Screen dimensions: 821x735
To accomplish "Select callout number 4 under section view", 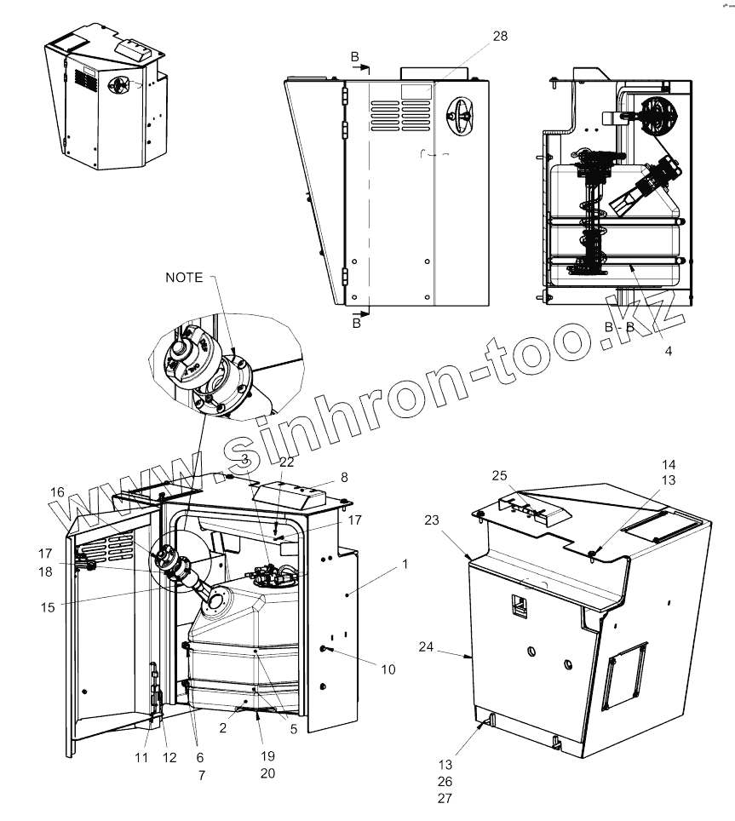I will tap(668, 349).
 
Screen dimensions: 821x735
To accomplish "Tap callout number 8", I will tap(344, 478).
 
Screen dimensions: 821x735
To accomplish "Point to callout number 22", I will tap(286, 462).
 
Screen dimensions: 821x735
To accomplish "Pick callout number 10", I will tap(388, 669).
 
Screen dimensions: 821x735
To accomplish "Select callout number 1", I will tap(405, 564).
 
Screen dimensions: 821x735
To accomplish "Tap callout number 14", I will tap(669, 464).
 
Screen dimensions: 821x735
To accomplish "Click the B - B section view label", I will tap(620, 326).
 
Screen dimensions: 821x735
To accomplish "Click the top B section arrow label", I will tap(356, 56).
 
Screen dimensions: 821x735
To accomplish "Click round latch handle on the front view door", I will tap(462, 111).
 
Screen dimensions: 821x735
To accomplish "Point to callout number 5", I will tap(292, 728).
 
